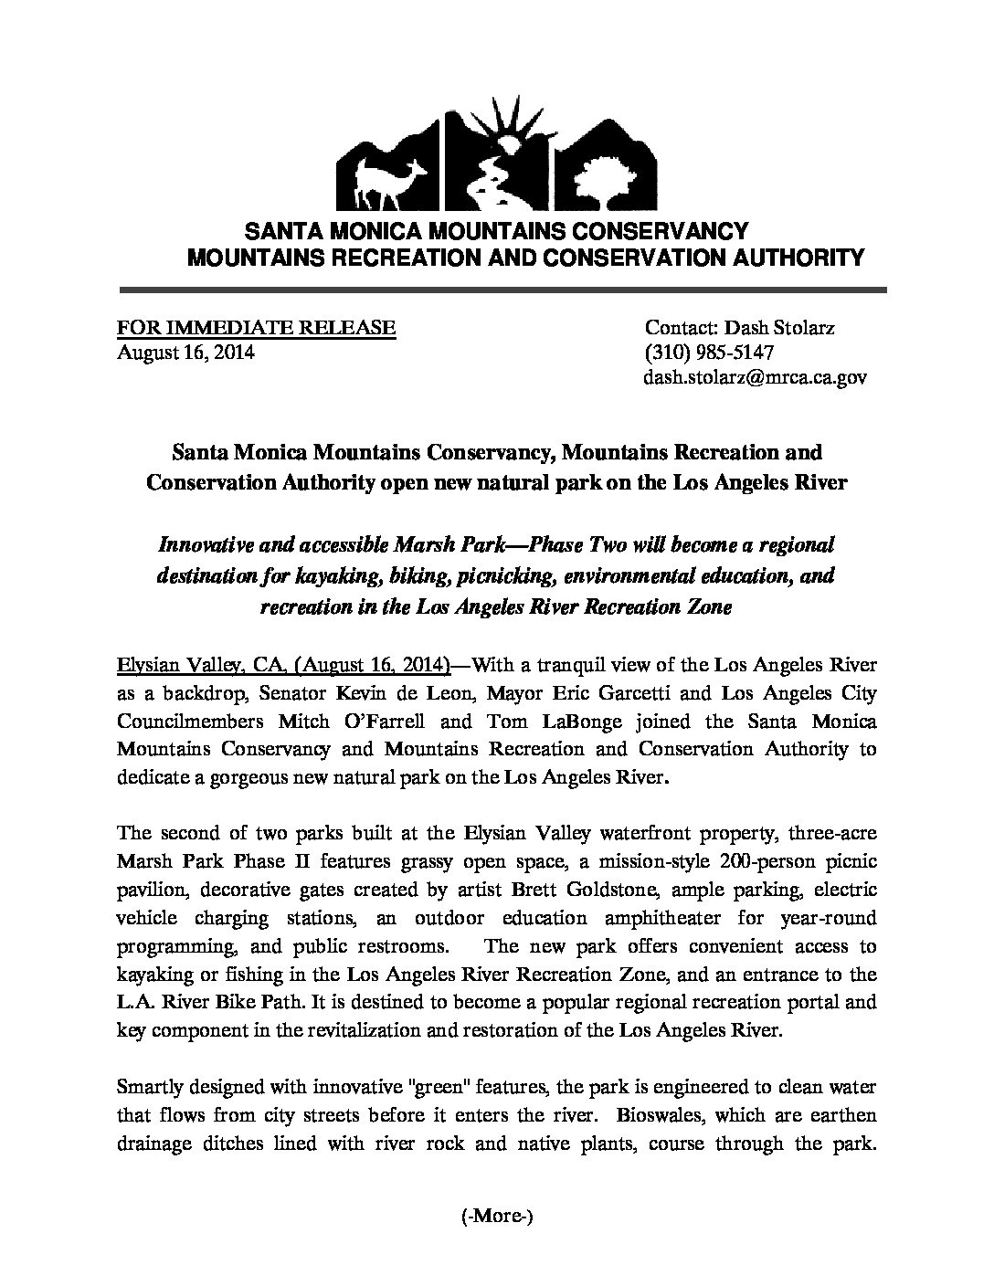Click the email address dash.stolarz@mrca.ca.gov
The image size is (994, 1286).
[756, 376]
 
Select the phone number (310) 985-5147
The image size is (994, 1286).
[710, 352]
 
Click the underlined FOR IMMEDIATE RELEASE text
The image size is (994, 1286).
[256, 327]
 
